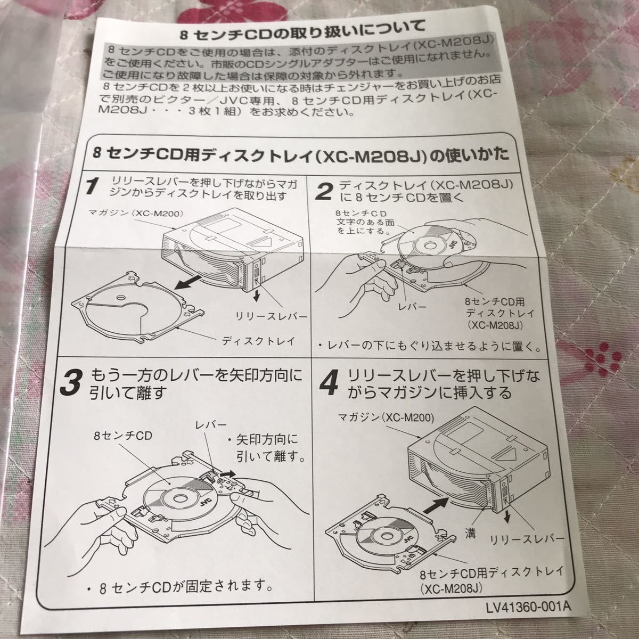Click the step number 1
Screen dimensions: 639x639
coord(92,186)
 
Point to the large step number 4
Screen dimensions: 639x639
coord(329,384)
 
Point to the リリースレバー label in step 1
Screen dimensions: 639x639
coord(271,316)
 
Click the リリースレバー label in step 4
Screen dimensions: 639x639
coord(527,540)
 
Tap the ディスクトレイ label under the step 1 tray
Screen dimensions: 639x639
coord(259,341)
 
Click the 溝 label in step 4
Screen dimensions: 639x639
coord(470,533)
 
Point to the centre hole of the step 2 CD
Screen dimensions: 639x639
coord(429,246)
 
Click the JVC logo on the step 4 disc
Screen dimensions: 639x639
coord(408,536)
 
